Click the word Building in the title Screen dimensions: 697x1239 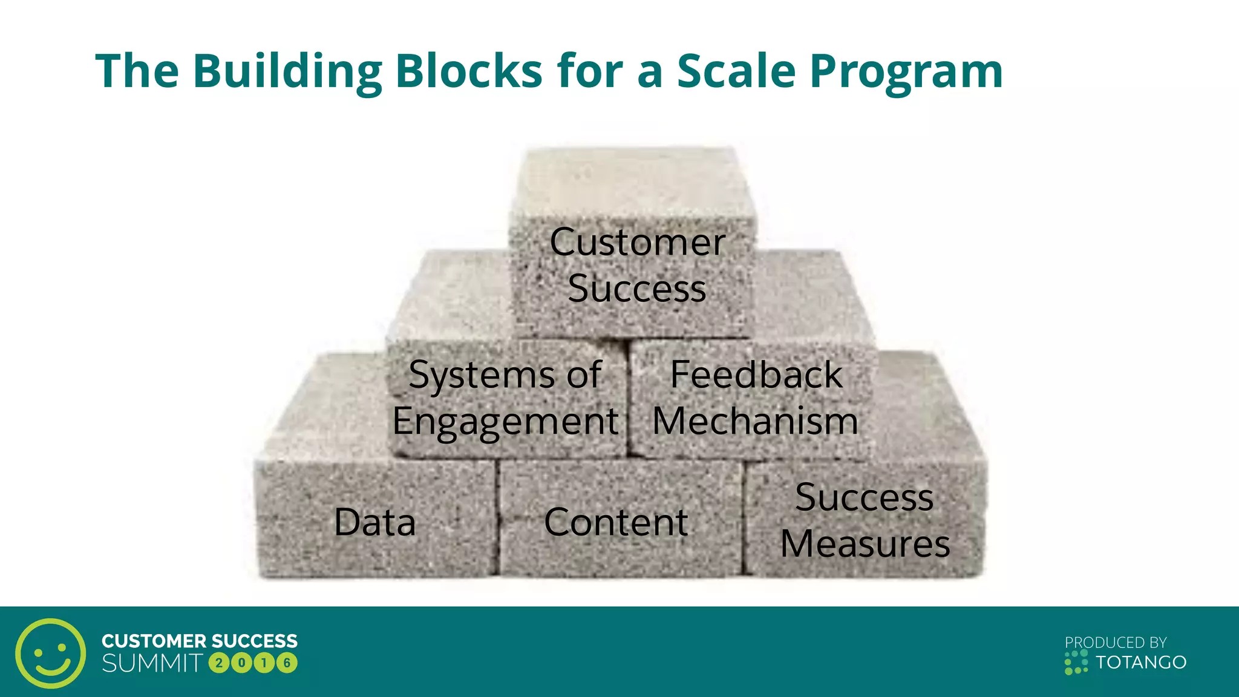pos(287,71)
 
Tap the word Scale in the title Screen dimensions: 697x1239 pos(736,71)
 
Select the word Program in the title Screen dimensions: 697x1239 pos(906,71)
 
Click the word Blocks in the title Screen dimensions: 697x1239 pos(469,71)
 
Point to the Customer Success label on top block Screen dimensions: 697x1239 pos(637,265)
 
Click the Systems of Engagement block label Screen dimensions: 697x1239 pos(505,398)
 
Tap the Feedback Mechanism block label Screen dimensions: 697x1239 pos(756,398)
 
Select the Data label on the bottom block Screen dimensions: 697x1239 pos(375,522)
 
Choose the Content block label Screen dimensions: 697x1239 pos(616,522)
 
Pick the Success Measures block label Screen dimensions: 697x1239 pos(865,520)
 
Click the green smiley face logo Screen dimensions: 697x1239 pos(51,653)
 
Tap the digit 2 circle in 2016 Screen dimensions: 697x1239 pos(219,663)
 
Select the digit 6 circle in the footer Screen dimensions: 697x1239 pos(287,663)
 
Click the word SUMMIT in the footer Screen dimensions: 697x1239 pos(152,663)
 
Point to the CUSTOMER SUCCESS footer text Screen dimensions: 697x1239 pos(200,641)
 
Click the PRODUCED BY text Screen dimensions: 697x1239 pos(1116,643)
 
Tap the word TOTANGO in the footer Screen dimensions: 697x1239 pos(1141,663)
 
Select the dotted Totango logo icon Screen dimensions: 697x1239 pos(1076,663)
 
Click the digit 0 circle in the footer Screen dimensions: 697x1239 pos(241,663)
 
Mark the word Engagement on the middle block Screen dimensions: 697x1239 pos(505,422)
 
